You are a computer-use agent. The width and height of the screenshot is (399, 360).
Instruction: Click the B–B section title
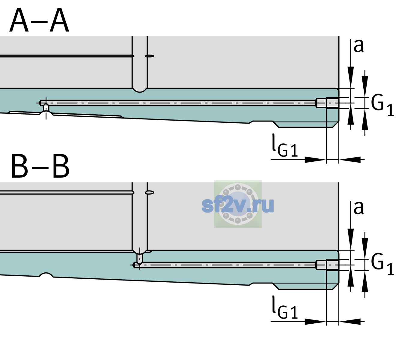[x=40, y=166]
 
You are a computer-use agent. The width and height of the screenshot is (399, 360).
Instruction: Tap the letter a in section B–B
[x=358, y=208]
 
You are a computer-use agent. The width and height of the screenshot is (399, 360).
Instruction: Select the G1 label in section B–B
[x=382, y=264]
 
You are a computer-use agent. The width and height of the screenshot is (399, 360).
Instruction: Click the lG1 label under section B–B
[x=285, y=307]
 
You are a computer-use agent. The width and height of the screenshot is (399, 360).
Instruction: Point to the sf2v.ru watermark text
[x=238, y=205]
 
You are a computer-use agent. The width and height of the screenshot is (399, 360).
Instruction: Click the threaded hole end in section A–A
[x=327, y=103]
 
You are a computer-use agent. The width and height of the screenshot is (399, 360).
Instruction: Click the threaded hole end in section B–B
[x=327, y=265]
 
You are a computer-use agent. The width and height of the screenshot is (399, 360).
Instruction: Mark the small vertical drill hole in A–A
[x=46, y=108]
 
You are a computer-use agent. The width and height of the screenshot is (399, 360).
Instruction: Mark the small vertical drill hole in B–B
[x=140, y=258]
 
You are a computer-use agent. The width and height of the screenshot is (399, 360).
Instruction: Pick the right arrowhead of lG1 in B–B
[x=350, y=321]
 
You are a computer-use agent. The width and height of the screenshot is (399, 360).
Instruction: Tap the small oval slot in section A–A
[x=149, y=56]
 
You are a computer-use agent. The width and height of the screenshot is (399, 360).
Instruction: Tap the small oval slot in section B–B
[x=149, y=193]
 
